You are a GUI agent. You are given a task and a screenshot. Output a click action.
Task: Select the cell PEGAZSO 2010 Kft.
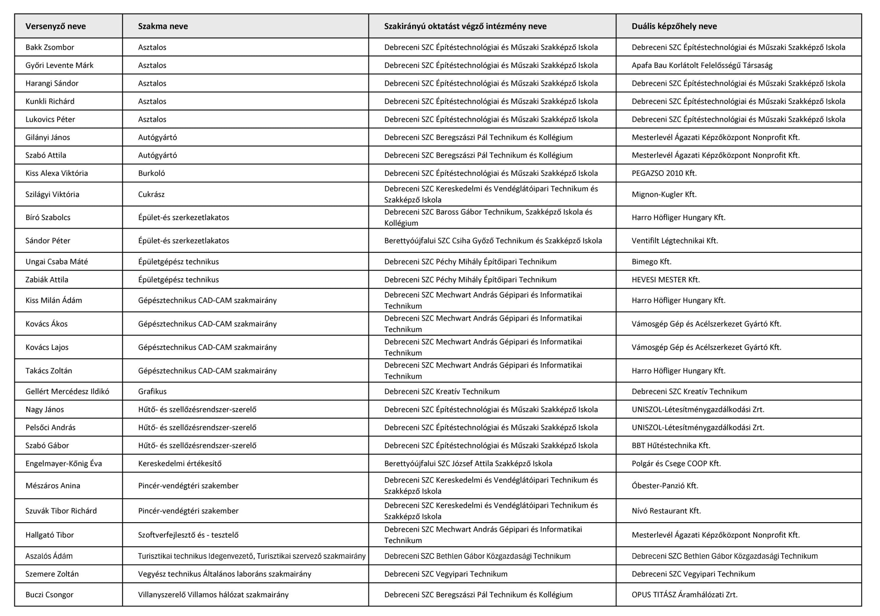664,173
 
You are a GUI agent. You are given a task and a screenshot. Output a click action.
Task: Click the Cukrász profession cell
151,194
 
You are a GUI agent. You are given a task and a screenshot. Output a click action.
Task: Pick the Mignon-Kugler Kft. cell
664,194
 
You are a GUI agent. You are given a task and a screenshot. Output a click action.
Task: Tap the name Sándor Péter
48,241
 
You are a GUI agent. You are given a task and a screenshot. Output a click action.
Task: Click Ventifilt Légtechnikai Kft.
675,241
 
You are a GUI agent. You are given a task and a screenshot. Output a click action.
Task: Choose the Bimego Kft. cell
651,262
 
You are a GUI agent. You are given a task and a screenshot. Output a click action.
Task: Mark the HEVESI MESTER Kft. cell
665,280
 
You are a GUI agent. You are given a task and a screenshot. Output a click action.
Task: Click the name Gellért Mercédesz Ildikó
68,391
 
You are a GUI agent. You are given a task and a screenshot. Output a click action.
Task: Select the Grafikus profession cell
152,391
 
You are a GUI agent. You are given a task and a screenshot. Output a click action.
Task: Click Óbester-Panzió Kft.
665,486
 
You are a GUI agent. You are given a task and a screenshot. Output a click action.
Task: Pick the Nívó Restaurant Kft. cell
666,511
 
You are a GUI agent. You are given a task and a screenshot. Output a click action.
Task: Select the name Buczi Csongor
50,595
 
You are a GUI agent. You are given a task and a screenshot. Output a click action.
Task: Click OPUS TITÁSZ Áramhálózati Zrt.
684,595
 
